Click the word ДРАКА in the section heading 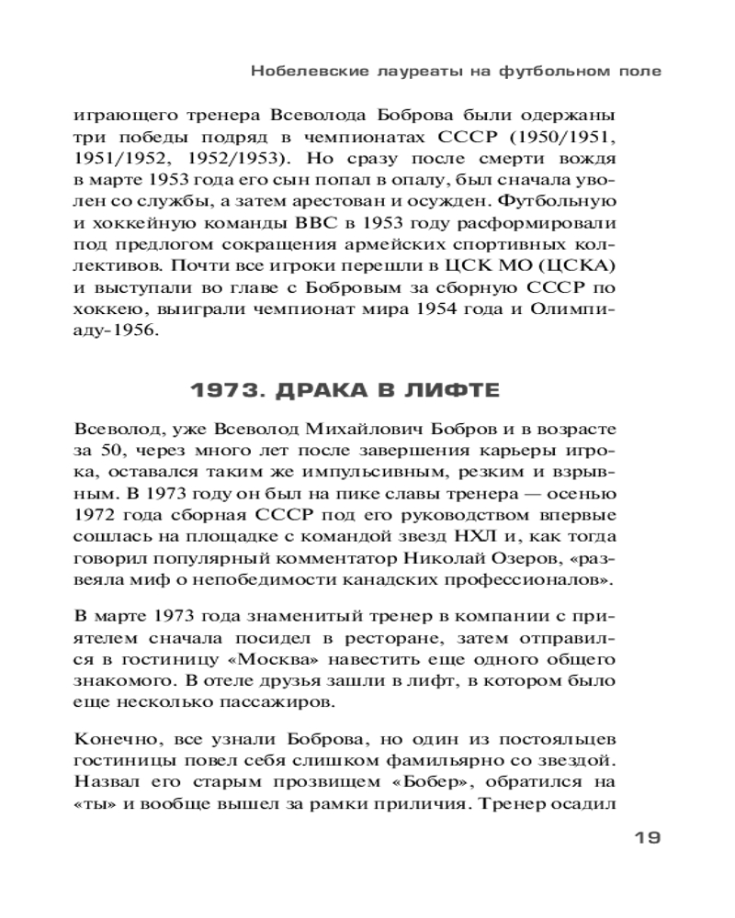[x=309, y=391]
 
